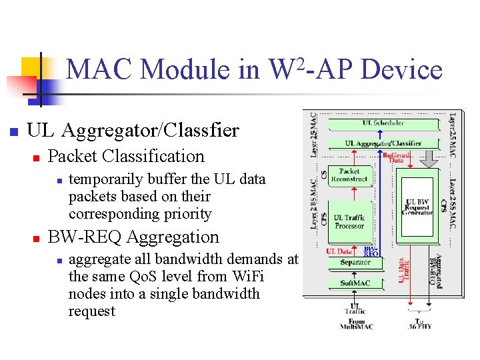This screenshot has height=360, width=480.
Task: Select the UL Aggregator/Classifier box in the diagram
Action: [x=383, y=143]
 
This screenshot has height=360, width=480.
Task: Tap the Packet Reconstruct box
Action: [x=349, y=175]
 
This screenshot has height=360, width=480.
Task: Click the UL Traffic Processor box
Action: [x=349, y=221]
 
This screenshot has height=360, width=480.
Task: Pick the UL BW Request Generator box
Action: [x=418, y=207]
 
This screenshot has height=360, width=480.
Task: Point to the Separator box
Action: [x=355, y=262]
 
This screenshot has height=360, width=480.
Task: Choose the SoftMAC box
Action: [x=355, y=283]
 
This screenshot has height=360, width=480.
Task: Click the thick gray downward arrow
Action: [x=428, y=159]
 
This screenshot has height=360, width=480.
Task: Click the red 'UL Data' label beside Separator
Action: [x=339, y=251]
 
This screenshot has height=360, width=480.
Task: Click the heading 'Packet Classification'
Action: [x=127, y=156]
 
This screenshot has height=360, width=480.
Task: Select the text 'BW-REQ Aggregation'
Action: [x=133, y=237]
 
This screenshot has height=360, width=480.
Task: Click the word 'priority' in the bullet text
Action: [x=187, y=214]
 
